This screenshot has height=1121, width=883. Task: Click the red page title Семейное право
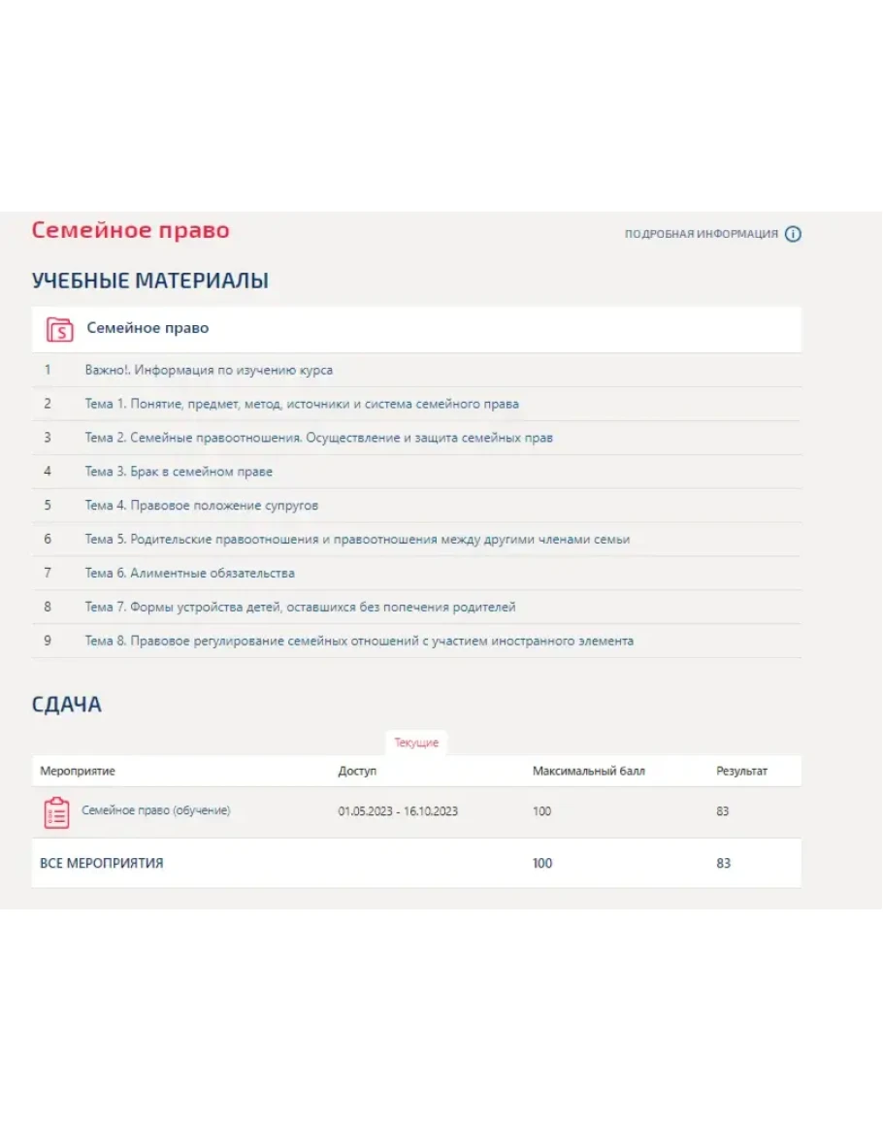click(130, 231)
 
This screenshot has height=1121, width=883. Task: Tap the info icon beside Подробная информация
click(793, 234)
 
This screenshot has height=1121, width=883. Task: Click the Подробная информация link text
click(701, 234)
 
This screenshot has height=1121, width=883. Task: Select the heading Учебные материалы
click(150, 281)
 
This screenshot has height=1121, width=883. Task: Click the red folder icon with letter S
click(60, 329)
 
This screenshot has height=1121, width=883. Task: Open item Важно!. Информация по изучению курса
click(209, 370)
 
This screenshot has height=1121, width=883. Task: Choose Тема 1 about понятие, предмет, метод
click(301, 404)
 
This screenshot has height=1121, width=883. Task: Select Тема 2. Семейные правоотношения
click(318, 438)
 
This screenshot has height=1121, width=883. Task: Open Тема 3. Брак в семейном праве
click(179, 472)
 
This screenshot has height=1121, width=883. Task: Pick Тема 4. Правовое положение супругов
click(201, 506)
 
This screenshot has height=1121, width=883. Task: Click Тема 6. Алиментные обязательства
click(189, 574)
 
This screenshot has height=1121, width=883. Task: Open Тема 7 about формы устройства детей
click(300, 608)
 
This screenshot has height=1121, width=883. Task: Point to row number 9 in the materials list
click(48, 642)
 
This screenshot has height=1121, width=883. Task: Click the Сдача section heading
click(67, 705)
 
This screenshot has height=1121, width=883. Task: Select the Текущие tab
click(416, 742)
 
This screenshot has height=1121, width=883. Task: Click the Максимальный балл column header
click(588, 772)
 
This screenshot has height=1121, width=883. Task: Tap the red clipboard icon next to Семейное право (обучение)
click(57, 812)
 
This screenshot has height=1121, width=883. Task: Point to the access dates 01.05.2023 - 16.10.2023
click(398, 811)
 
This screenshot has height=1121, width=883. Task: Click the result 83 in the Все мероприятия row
click(723, 863)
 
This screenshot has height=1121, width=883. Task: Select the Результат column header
click(741, 772)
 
